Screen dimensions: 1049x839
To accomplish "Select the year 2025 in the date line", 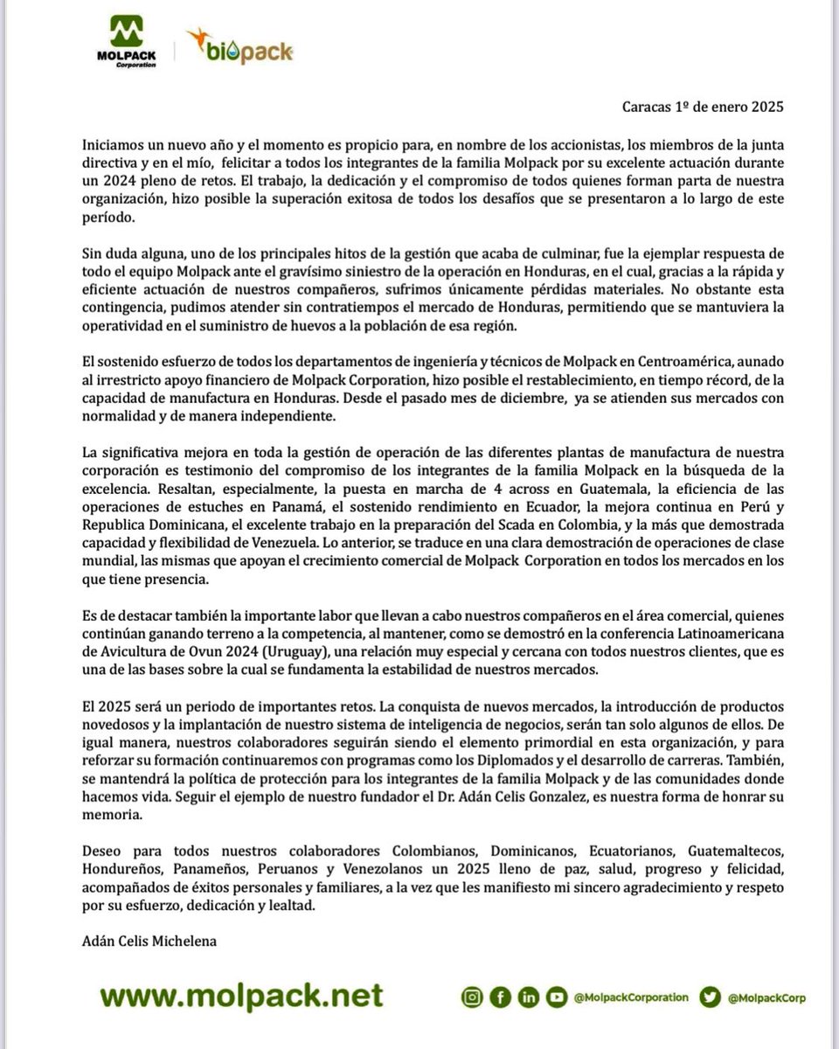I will (x=766, y=108).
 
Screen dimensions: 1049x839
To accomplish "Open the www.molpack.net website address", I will (x=241, y=996).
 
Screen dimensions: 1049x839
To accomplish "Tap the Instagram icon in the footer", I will (x=472, y=997).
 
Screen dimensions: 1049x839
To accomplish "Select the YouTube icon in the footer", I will (x=556, y=997).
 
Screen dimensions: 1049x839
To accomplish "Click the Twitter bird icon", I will (x=711, y=997).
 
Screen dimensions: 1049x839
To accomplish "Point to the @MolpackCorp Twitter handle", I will (x=766, y=997).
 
